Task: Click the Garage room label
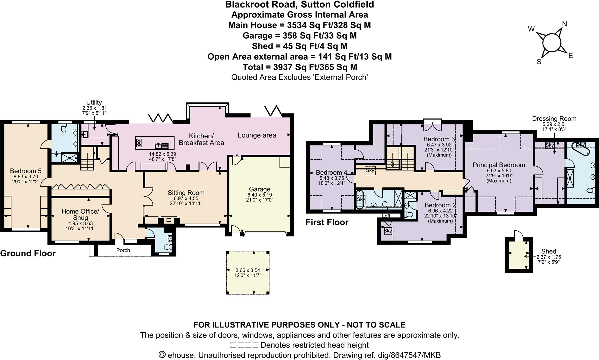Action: coord(259,189)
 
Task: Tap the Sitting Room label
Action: coord(186,193)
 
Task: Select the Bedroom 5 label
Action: coord(26,171)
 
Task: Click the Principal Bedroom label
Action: coord(499,165)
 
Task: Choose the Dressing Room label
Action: coord(554,119)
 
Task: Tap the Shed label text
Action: coord(549,251)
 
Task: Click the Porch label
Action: coord(123,250)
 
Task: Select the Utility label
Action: coord(94,102)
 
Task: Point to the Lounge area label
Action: coord(257,135)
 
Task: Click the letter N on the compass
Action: coord(565,24)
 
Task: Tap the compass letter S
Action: coord(539,62)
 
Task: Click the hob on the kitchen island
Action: coord(139,143)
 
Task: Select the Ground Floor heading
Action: coord(28,253)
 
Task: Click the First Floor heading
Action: coord(327,222)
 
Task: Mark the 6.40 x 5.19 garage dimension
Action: coord(259,195)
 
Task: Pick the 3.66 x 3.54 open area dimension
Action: coord(248,270)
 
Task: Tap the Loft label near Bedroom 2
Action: coord(386,216)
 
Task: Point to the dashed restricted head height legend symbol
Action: coord(244,345)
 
